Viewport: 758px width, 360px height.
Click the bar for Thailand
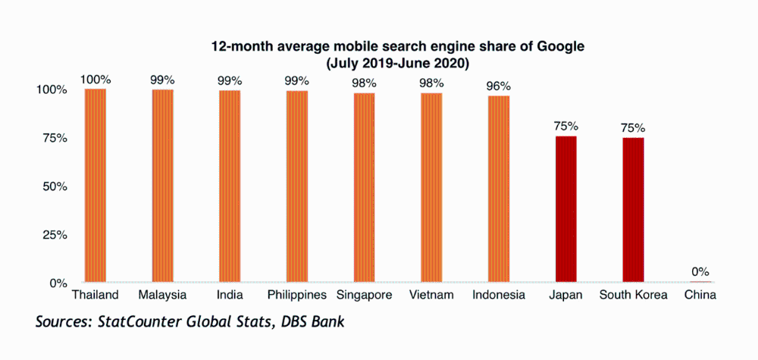(95, 186)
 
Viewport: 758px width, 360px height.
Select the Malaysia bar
(162, 186)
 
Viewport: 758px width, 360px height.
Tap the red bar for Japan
(565, 209)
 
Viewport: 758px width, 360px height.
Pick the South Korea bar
(633, 210)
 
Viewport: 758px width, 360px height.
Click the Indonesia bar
(498, 189)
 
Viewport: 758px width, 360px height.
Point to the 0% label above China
(700, 271)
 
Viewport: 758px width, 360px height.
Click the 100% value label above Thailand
(95, 79)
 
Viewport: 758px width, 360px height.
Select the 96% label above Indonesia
(498, 86)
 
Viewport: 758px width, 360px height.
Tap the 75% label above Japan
(565, 126)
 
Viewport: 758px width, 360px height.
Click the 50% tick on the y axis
(53, 186)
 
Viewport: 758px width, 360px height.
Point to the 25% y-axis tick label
(53, 235)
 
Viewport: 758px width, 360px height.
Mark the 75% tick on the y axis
(53, 138)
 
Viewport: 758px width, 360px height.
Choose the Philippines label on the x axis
(297, 295)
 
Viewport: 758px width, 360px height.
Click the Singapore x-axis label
(364, 295)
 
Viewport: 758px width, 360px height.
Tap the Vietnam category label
(431, 295)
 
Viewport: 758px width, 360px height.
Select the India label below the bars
(230, 295)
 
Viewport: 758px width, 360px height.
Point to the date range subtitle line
(397, 63)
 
